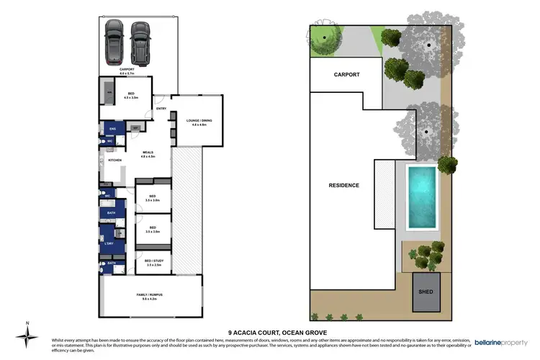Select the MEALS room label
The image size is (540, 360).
click(148, 152)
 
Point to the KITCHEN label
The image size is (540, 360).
click(114, 160)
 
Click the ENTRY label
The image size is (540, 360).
click(161, 109)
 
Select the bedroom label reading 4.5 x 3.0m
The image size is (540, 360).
click(131, 96)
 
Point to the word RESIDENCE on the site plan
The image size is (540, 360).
click(343, 185)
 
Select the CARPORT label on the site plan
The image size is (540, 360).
click(346, 74)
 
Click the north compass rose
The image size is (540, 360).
click(27, 336)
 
